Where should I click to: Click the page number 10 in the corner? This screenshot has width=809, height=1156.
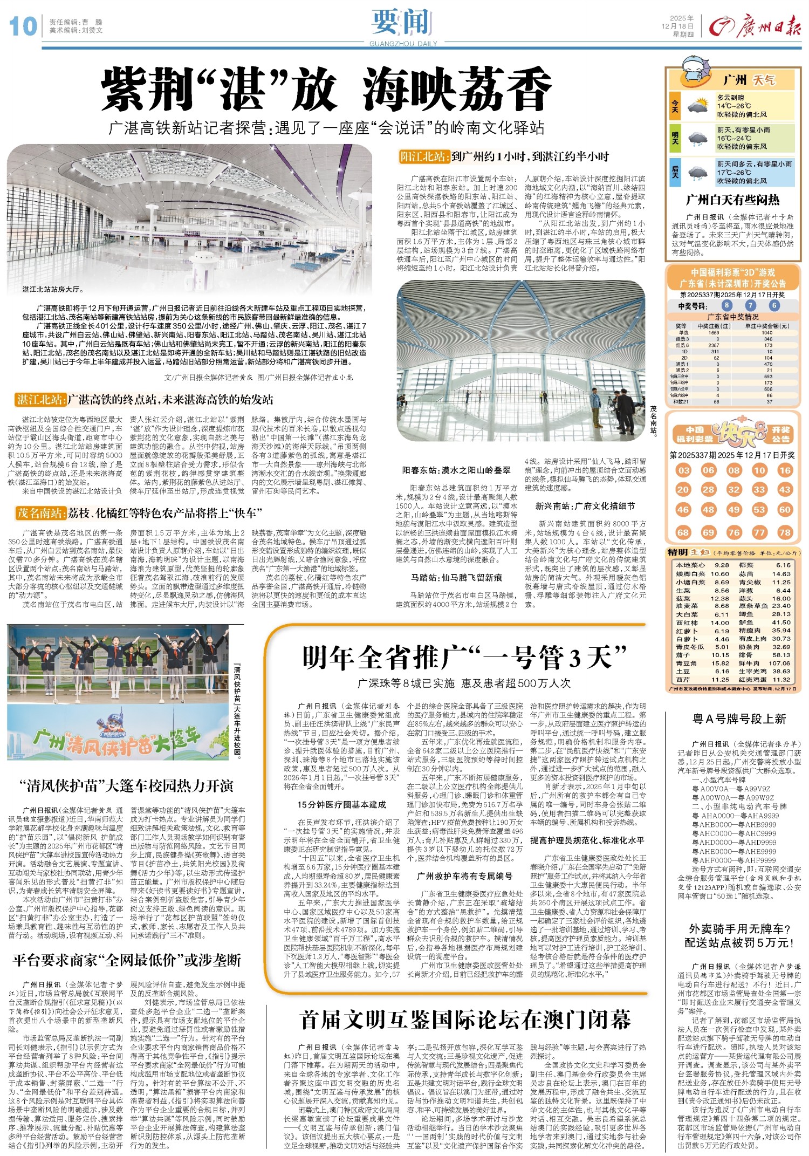point(23,26)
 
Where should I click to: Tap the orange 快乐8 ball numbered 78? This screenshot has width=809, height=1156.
point(784,532)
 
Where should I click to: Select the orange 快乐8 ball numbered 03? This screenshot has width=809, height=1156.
point(683,470)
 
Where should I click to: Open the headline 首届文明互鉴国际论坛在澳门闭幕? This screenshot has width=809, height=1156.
point(465,1020)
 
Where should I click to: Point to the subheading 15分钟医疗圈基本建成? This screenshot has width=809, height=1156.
point(341,805)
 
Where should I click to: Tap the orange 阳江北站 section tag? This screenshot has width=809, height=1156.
point(423,157)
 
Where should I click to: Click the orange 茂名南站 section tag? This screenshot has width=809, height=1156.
point(40,512)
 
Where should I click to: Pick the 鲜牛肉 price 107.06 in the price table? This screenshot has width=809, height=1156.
point(779,663)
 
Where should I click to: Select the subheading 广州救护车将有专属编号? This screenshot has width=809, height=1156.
point(464,876)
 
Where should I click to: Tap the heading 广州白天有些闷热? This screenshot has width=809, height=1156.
point(732,200)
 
